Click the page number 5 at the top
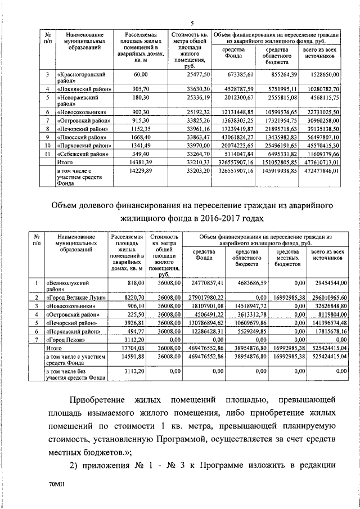192,23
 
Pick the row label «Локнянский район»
84,89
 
